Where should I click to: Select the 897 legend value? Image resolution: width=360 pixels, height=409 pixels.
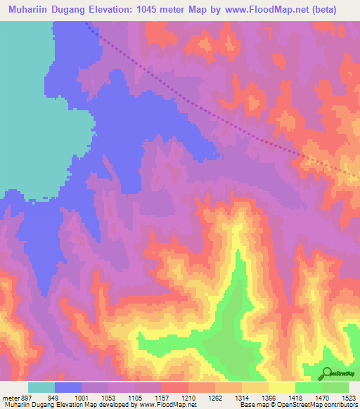[24, 397]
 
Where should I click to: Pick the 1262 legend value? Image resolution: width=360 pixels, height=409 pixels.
[215, 397]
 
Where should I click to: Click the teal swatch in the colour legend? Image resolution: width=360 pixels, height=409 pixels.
[41, 387]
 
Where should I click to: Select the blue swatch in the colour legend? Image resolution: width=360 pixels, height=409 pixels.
[68, 387]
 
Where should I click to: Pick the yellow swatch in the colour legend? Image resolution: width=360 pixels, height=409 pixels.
[281, 387]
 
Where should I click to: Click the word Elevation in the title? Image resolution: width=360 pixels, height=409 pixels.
[113, 10]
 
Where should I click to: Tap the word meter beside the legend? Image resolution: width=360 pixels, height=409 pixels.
[10, 397]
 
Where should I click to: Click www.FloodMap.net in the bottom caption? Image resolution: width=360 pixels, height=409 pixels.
[167, 405]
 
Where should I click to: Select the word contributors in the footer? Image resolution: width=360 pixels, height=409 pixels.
[340, 405]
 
